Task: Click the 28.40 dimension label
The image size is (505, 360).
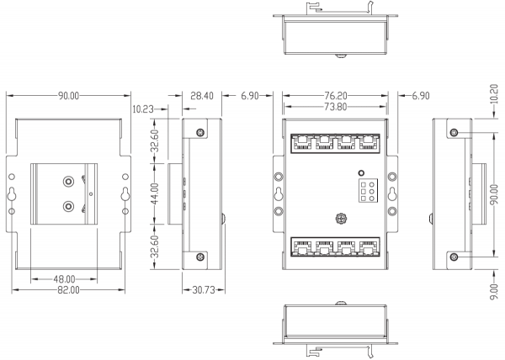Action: tap(202, 96)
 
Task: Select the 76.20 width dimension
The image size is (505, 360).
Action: tap(336, 96)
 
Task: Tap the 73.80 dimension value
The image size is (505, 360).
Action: tap(336, 107)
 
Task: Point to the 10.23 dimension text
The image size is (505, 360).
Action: tap(143, 109)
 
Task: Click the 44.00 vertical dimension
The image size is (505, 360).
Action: tap(155, 193)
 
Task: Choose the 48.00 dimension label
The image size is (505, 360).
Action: tap(64, 279)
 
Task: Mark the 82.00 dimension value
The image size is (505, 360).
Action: tap(68, 290)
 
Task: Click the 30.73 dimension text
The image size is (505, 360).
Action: tap(204, 290)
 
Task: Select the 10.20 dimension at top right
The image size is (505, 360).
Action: tap(494, 94)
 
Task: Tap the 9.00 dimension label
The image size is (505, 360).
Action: tap(494, 292)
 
